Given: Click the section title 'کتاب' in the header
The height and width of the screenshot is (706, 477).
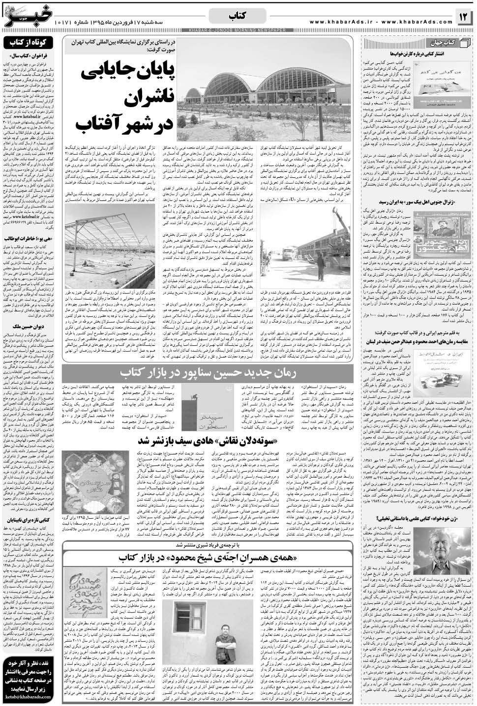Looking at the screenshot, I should coord(238,17).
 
